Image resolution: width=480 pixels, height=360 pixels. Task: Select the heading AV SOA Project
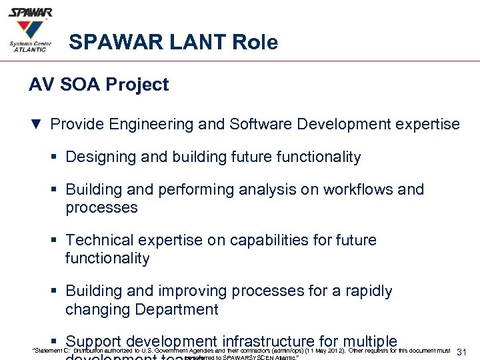pyautogui.click(x=99, y=85)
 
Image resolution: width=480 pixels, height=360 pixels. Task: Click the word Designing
pyautogui.click(x=99, y=157)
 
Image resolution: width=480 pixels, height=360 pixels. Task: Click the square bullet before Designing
pyautogui.click(x=57, y=158)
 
